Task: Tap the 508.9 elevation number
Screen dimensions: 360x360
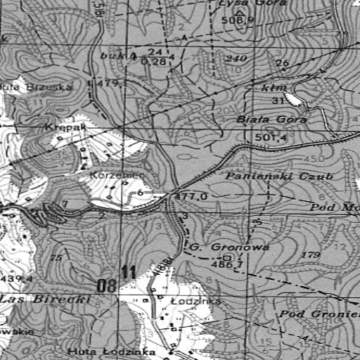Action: (235, 20)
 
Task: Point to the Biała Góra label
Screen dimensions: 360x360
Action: (272, 120)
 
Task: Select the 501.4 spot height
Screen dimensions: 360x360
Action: (271, 138)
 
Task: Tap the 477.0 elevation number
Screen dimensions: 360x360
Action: (191, 197)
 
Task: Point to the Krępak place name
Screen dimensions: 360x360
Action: (64, 128)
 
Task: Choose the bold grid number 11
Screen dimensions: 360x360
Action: (128, 272)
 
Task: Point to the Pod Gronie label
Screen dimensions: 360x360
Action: (320, 312)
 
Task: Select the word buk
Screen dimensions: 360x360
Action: (111, 56)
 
